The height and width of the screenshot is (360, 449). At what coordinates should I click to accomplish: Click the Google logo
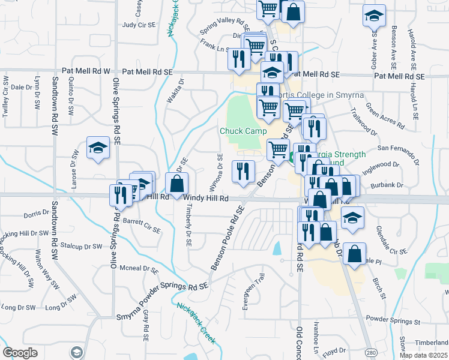point(20,352)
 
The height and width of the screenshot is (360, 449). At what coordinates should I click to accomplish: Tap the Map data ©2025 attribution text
point(423,355)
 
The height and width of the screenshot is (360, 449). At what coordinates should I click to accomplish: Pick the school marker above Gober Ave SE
point(374,16)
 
